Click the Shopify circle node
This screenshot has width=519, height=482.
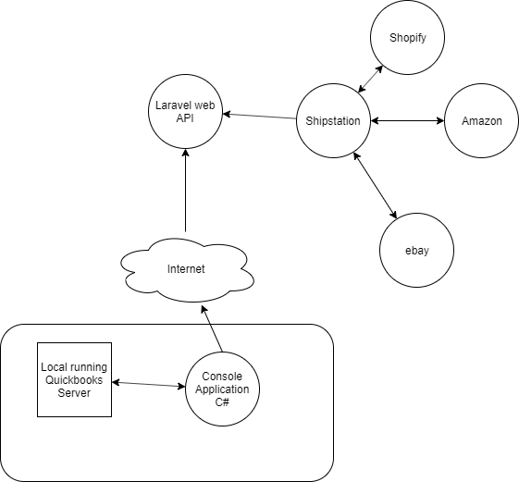(407, 37)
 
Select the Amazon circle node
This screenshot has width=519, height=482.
(482, 121)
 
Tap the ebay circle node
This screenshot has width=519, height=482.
(416, 251)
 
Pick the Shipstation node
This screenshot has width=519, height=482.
(333, 121)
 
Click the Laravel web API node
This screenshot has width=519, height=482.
(185, 112)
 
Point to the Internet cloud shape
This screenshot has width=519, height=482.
(187, 270)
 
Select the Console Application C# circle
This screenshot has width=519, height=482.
(222, 389)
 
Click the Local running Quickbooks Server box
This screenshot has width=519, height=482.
(75, 379)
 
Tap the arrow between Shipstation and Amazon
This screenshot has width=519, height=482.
(407, 121)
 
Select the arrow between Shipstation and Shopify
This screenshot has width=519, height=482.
(371, 79)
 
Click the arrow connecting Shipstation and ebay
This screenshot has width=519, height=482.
(375, 185)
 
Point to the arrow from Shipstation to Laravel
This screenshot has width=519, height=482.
(259, 117)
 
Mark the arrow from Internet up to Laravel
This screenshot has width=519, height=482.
(185, 191)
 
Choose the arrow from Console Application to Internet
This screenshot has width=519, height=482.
(212, 328)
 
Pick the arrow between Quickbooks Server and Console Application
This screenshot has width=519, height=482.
(149, 384)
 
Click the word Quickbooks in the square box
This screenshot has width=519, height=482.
(74, 379)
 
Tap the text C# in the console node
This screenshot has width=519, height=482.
(222, 402)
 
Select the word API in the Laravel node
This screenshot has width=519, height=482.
(185, 118)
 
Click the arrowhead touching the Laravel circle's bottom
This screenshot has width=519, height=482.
(185, 153)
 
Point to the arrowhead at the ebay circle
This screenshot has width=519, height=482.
(394, 215)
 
